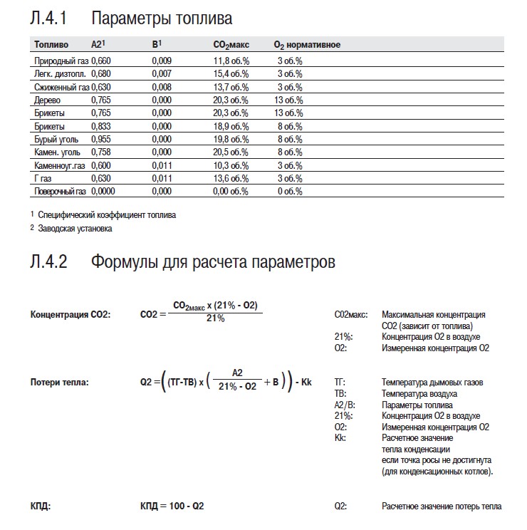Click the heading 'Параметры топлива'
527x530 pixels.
point(162,18)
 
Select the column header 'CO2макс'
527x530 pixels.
point(231,46)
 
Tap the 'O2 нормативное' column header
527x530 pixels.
point(307,46)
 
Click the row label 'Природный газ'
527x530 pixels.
point(61,61)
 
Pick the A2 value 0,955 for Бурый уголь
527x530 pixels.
point(101,139)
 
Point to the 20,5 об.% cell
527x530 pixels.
point(231,152)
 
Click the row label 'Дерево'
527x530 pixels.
point(47,100)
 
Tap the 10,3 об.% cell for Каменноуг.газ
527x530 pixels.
point(231,165)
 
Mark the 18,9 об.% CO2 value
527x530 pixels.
point(231,126)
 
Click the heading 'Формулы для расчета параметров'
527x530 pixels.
point(213,262)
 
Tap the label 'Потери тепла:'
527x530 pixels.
point(59,383)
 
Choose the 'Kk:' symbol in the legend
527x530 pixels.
point(340,438)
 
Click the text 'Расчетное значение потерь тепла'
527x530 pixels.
point(442,506)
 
